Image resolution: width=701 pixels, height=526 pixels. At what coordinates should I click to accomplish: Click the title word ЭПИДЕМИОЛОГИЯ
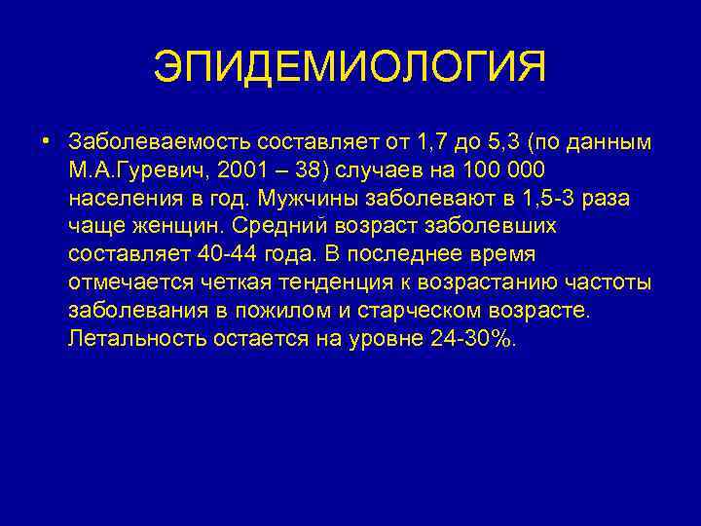pyautogui.click(x=350, y=68)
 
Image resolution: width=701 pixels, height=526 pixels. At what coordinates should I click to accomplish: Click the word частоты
pyautogui.click(x=615, y=283)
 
